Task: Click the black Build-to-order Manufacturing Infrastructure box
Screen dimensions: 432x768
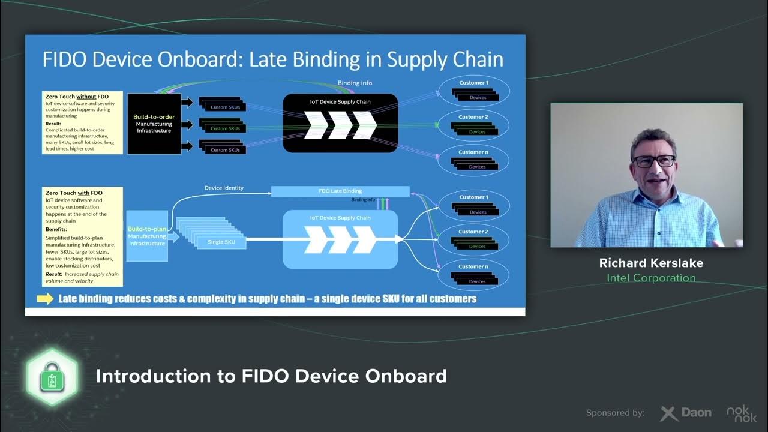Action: tap(154, 123)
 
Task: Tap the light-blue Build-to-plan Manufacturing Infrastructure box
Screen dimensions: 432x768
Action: tap(146, 236)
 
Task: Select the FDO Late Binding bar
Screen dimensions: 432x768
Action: tap(340, 191)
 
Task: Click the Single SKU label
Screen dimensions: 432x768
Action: tap(221, 242)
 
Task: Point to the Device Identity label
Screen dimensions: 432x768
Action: tap(224, 188)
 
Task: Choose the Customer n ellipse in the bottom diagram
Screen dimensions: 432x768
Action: tap(474, 274)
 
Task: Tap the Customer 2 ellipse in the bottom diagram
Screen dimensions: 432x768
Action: tap(474, 239)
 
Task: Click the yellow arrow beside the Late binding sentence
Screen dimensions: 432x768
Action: tap(45, 299)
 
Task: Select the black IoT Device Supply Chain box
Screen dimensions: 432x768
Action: tap(340, 122)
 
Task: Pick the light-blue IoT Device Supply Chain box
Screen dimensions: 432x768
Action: tap(340, 239)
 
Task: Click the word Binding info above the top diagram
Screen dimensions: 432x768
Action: tap(355, 83)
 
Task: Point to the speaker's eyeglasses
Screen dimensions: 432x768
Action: tap(653, 161)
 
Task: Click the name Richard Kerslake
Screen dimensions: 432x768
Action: tap(651, 263)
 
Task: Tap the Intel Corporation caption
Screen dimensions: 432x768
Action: tap(651, 278)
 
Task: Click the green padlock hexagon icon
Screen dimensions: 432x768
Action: tap(52, 376)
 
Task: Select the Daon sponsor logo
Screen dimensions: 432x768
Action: tap(686, 413)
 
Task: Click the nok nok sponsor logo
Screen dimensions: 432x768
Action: tap(742, 413)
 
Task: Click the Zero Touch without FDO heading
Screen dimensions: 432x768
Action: tap(77, 96)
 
